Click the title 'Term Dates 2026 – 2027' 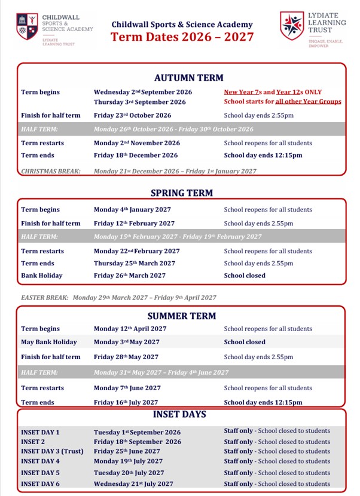(182, 37)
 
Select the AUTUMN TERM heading (188, 78)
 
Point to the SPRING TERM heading (181, 193)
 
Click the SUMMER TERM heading (181, 316)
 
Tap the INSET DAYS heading (179, 414)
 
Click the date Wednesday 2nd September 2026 (143, 92)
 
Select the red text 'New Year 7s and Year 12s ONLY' (273, 92)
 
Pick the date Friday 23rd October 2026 (132, 115)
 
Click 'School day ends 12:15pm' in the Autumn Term (263, 155)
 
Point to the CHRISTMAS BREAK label (51, 171)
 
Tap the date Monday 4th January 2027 (132, 210)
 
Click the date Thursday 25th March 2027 (135, 263)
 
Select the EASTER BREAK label (44, 297)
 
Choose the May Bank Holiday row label (49, 342)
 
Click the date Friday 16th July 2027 (126, 403)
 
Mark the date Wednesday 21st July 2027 (133, 483)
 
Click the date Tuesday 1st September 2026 (137, 432)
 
